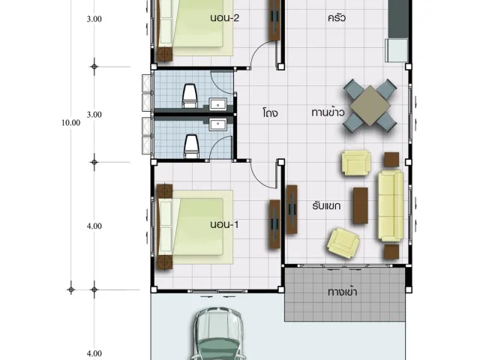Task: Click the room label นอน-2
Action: pos(225,18)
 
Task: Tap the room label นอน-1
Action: pos(224,225)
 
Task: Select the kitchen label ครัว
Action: pos(337,17)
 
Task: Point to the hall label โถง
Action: pos(270,113)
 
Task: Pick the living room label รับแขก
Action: pos(326,205)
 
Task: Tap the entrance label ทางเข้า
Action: pos(342,292)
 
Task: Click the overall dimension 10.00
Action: pos(71,123)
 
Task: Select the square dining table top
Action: pos(370,106)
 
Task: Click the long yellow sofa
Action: pos(391,205)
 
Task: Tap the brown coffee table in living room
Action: pos(361,205)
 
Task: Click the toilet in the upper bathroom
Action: pos(189,95)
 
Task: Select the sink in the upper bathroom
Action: pos(218,103)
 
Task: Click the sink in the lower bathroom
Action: pos(218,124)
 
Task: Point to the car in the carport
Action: pos(218,334)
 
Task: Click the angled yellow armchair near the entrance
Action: pos(343,243)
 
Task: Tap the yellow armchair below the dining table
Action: pos(356,163)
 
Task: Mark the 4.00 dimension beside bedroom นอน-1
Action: pos(94,226)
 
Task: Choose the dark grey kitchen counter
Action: pos(398,19)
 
